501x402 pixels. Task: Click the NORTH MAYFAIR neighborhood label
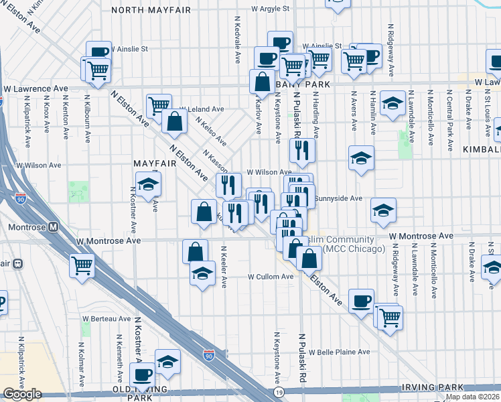coord(151,10)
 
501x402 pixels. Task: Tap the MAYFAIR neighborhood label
coord(159,163)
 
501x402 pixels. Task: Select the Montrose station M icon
coord(53,227)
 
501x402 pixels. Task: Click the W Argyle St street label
coord(270,9)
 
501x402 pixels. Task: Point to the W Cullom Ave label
coord(271,276)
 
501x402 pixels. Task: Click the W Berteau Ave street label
coord(106,318)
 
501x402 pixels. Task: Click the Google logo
coord(21,395)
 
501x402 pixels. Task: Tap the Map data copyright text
coord(470,397)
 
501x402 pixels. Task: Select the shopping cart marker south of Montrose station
coord(81,265)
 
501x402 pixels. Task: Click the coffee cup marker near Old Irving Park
coord(142,374)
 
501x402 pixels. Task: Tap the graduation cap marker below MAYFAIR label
coord(148,182)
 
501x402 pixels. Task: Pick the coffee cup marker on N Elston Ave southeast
coord(361,300)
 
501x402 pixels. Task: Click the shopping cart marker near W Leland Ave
coord(158,105)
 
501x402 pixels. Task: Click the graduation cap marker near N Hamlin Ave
coord(392,102)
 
